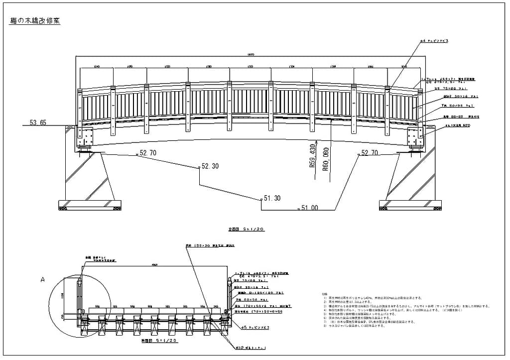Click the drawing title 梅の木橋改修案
click(x=35, y=21)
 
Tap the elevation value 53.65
click(x=38, y=122)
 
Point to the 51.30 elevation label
click(x=272, y=198)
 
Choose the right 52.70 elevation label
click(x=372, y=153)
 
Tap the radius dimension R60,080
click(x=326, y=159)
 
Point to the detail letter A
click(x=43, y=280)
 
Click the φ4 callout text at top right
click(x=434, y=41)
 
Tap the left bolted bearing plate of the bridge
click(x=85, y=135)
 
